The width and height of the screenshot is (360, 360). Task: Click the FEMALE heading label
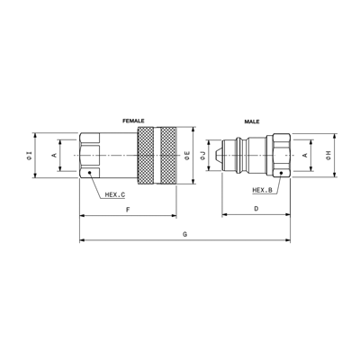(x=133, y=121)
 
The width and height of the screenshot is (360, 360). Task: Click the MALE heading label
(x=252, y=121)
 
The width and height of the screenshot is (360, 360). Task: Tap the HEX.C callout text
(x=115, y=194)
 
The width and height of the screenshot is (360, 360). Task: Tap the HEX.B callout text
(x=262, y=190)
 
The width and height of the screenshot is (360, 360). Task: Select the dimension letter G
(x=184, y=234)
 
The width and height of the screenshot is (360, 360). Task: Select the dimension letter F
(x=128, y=210)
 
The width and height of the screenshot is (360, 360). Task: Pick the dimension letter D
(x=256, y=209)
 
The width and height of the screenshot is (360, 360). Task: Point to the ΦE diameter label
(x=187, y=156)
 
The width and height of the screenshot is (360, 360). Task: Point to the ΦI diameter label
(x=29, y=156)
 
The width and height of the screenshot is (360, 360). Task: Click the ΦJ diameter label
(x=202, y=156)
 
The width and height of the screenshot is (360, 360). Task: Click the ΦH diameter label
(x=328, y=155)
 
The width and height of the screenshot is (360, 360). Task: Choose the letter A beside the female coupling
(x=54, y=155)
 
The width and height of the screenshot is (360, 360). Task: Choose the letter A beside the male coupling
(x=305, y=155)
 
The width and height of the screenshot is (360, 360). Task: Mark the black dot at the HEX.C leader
(x=89, y=173)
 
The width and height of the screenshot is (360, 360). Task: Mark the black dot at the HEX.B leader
(x=281, y=173)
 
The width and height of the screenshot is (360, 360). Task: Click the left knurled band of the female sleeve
(x=146, y=156)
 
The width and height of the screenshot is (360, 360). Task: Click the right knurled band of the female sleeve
(x=168, y=156)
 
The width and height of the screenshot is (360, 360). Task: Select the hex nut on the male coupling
(x=282, y=156)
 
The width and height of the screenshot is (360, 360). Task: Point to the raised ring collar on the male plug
(x=238, y=155)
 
